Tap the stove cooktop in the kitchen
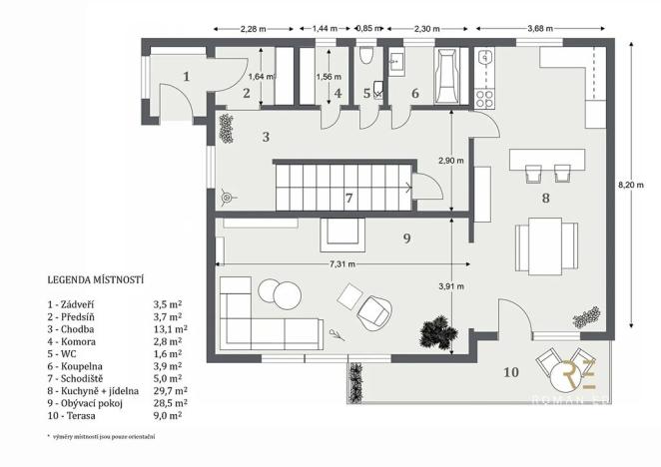pyautogui.click(x=486, y=96)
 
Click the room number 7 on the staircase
pyautogui.click(x=348, y=198)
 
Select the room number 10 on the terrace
pyautogui.click(x=510, y=373)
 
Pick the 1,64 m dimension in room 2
pyautogui.click(x=258, y=76)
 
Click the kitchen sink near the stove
pyautogui.click(x=485, y=58)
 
